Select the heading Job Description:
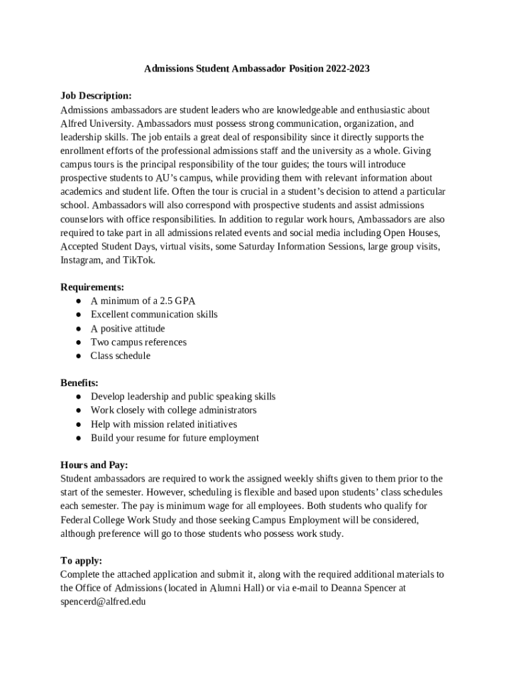95,96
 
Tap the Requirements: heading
92,287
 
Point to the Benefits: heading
79,383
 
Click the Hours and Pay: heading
94,465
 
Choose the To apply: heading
81,561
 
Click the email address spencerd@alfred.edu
103,602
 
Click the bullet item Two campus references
139,342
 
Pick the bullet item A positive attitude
127,328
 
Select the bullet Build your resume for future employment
175,438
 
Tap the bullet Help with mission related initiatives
164,424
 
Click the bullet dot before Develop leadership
78,397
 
